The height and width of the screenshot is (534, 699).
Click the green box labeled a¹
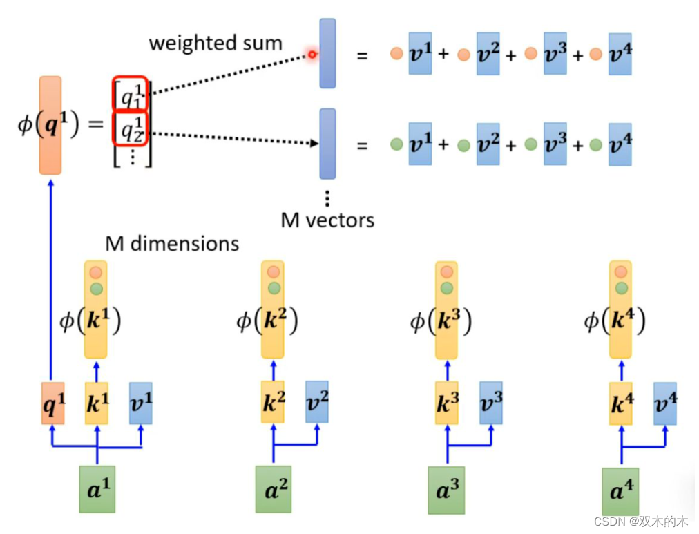97,489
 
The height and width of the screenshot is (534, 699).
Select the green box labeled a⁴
620,491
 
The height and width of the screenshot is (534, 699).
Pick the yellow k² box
274,401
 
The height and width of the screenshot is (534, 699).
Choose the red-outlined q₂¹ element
131,128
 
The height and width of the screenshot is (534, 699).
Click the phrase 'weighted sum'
216,43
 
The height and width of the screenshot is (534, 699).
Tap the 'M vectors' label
327,220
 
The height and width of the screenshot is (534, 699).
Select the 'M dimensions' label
172,243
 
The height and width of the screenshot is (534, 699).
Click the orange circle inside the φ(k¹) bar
96,272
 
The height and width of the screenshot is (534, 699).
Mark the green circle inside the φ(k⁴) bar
621,288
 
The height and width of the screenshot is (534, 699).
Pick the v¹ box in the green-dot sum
419,144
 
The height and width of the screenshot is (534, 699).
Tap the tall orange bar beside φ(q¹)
50,124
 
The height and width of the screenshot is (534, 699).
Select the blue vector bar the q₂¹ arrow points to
327,144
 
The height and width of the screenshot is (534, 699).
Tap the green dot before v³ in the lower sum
530,144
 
